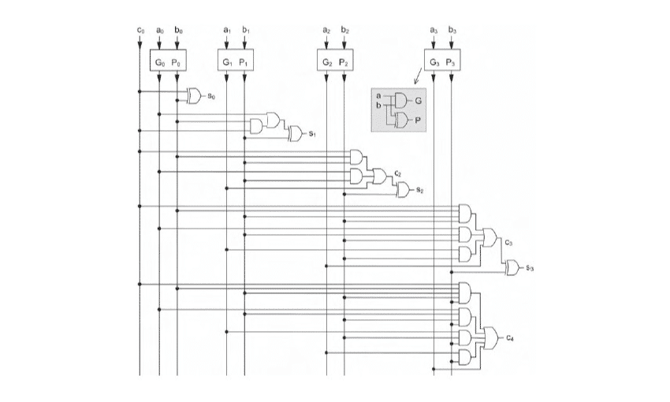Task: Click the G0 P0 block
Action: (168, 61)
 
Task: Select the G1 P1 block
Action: (236, 61)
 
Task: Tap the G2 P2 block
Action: (335, 61)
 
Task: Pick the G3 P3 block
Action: (441, 61)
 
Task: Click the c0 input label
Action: (140, 30)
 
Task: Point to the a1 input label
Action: (227, 30)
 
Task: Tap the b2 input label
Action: (344, 30)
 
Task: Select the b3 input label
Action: (452, 30)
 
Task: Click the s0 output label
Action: (211, 95)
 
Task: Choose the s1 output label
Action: (312, 134)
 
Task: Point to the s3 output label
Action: (530, 269)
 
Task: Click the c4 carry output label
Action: (511, 338)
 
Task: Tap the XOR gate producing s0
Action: (194, 95)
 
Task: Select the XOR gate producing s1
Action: (296, 133)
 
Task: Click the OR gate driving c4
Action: (491, 338)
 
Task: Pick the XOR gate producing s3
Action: (512, 268)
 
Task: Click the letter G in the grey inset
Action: (418, 101)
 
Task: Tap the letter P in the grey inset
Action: (418, 121)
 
